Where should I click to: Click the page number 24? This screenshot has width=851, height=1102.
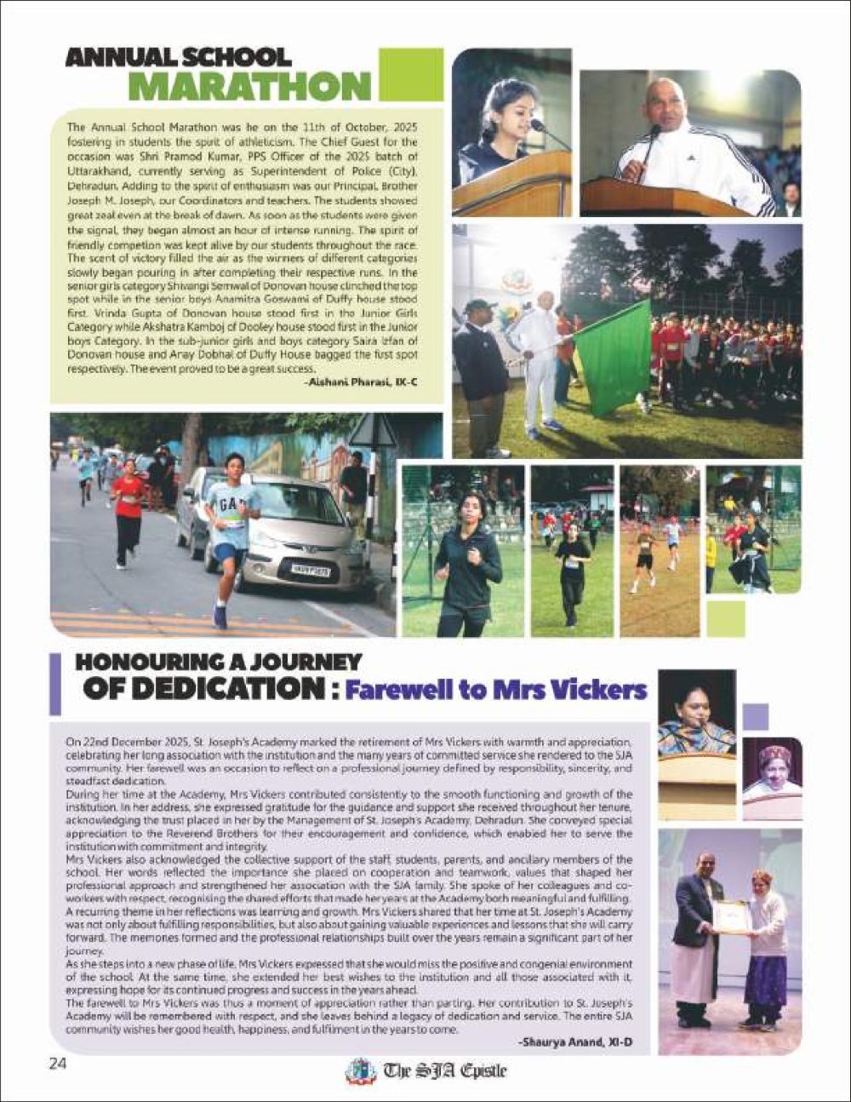[x=57, y=1063]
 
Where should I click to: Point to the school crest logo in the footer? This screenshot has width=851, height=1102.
[x=360, y=1070]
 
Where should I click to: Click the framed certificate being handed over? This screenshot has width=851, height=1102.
[x=731, y=916]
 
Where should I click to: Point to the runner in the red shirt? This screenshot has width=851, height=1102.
[x=128, y=511]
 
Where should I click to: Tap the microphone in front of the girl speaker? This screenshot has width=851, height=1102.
[x=538, y=126]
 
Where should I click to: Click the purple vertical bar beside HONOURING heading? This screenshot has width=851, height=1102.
[x=55, y=684]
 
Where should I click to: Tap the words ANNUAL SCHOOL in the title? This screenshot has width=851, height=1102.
[x=179, y=58]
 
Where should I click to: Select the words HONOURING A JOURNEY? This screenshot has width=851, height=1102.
[x=218, y=662]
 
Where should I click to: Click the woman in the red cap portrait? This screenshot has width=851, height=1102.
[x=772, y=771]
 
